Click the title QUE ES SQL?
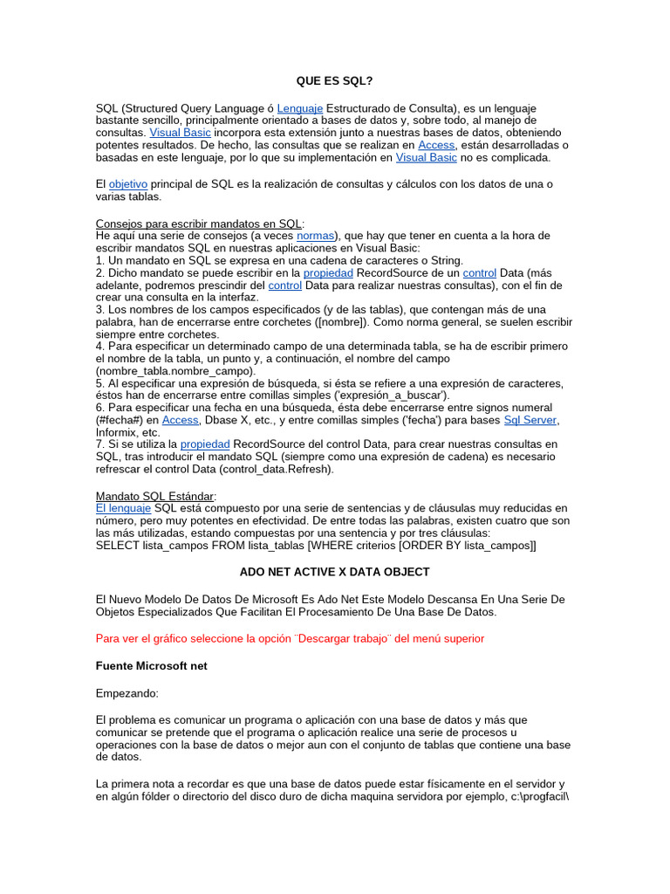334,81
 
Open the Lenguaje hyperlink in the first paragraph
300,107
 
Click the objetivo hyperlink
128,184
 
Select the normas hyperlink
315,236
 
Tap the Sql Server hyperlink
530,420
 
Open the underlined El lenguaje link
123,508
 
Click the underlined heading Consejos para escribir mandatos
199,223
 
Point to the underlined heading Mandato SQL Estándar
154,496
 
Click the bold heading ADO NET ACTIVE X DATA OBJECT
334,572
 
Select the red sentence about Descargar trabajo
290,638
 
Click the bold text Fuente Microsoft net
151,665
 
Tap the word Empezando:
127,692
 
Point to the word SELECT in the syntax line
117,546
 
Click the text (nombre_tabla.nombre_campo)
163,371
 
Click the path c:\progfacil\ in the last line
540,797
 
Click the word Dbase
222,420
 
